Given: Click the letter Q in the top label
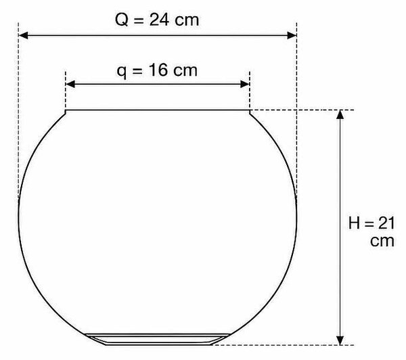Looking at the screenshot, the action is point(122,20).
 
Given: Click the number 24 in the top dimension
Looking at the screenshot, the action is point(159,20).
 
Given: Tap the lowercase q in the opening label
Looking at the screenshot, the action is point(121,72).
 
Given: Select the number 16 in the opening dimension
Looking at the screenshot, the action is point(158,70).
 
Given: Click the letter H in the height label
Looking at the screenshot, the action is point(354,223).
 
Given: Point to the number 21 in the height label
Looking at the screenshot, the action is point(386,223).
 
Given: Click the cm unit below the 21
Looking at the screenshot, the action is point(382,241).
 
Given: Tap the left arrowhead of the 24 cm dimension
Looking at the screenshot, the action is point(23,35).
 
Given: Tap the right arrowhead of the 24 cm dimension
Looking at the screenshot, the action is point(292,35).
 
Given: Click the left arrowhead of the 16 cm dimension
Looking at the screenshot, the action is point(70,84).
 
